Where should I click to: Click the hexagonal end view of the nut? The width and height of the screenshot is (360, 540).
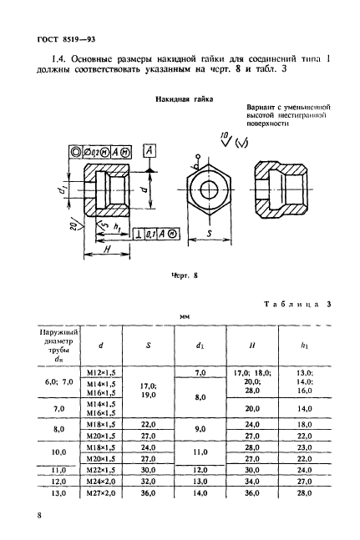tap(207, 191)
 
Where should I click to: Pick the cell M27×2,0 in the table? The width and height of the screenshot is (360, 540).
tap(101, 493)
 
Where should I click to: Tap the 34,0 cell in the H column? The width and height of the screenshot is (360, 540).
tap(253, 482)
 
